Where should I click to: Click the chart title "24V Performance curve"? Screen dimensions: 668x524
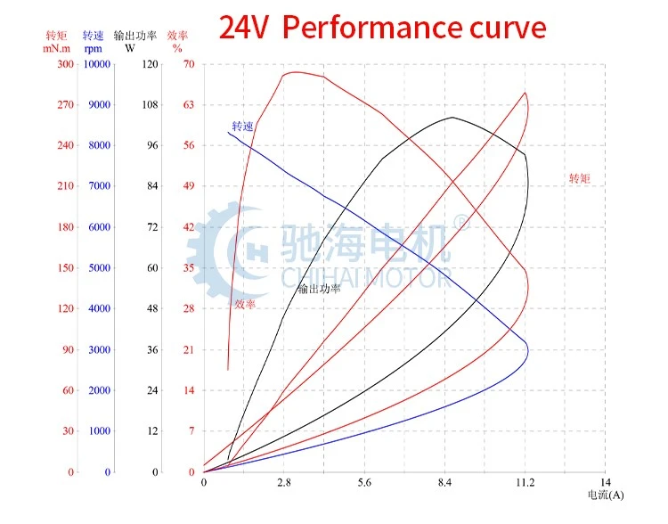(x=382, y=28)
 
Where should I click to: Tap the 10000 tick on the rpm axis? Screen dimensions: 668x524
(x=97, y=64)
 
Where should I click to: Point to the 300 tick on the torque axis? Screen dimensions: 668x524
(x=66, y=64)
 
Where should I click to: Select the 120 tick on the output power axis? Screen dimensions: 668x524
(x=150, y=64)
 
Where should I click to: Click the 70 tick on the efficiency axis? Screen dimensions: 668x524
(x=189, y=64)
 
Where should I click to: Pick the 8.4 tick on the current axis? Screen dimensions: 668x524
(x=444, y=482)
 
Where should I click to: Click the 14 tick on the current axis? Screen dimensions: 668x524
(x=605, y=482)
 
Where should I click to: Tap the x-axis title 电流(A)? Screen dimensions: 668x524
(x=606, y=495)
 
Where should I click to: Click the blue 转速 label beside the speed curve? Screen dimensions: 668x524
(x=243, y=127)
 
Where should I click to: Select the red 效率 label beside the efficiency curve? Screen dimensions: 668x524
(x=245, y=304)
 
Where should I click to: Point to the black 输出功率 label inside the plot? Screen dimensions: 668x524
(x=319, y=289)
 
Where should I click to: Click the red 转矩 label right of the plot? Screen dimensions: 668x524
(x=580, y=178)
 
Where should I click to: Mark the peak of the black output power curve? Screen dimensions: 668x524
(x=452, y=118)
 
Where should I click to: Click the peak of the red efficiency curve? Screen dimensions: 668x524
(x=295, y=71)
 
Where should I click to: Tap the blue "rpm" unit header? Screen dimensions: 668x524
(x=94, y=49)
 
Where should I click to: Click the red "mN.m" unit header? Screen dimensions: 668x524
(x=57, y=49)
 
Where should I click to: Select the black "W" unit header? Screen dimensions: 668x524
(x=130, y=48)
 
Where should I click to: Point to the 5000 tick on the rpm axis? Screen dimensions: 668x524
(x=99, y=267)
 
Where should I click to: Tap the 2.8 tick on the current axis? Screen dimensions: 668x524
(x=284, y=482)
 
